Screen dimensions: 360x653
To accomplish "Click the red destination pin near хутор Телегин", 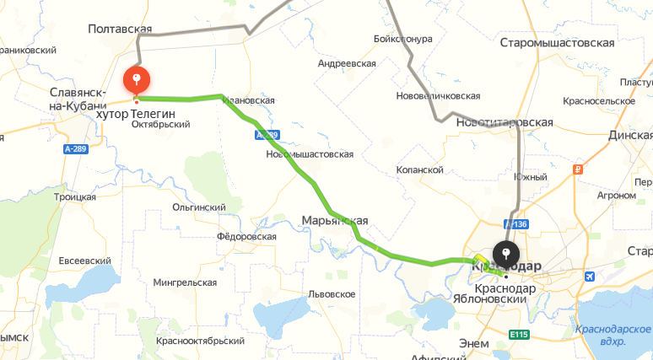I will tap(137, 80).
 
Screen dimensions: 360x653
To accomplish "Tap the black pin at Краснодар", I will tap(505, 254).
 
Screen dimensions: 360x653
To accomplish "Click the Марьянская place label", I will tap(335, 221).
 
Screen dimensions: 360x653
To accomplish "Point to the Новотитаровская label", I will tap(504, 122).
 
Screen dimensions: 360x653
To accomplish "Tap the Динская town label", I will tap(630, 134).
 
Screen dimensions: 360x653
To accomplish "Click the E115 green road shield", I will tap(518, 335).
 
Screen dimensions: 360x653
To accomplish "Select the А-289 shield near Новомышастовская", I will tap(267, 135).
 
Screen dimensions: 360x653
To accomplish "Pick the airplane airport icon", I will tap(588, 275).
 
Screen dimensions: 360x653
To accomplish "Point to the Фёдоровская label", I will tap(246, 237).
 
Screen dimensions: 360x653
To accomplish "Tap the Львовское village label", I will tap(331, 293).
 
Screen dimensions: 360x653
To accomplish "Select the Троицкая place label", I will tap(75, 196).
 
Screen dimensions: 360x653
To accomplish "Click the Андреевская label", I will tap(346, 63).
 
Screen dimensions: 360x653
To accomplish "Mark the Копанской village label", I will tap(419, 169).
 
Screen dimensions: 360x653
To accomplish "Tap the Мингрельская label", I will tap(186, 282).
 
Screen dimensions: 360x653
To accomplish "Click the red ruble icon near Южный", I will tap(578, 169).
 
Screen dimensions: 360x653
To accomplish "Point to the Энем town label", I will tap(475, 343).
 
